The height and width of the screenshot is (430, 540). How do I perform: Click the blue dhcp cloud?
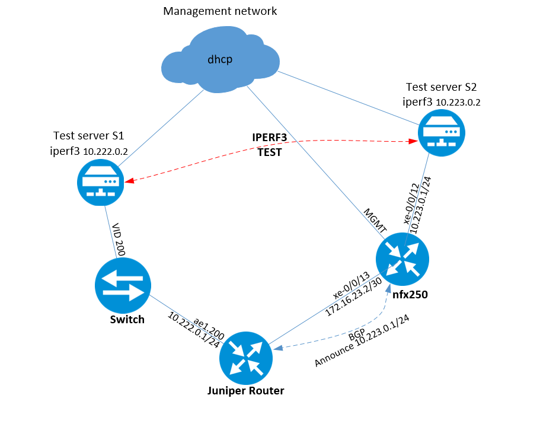coord(221,59)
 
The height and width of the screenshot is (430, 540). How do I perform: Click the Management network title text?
coord(220,11)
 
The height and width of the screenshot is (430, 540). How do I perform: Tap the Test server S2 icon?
coord(442,133)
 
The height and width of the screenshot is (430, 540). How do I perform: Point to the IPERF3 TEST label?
coord(270,145)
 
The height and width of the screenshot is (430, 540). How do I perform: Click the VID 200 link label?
coord(117,240)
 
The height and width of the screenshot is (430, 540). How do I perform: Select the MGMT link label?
coord(376,220)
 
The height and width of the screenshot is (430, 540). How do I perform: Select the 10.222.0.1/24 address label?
coord(194,329)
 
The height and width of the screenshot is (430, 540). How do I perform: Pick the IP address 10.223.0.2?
coord(458,102)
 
